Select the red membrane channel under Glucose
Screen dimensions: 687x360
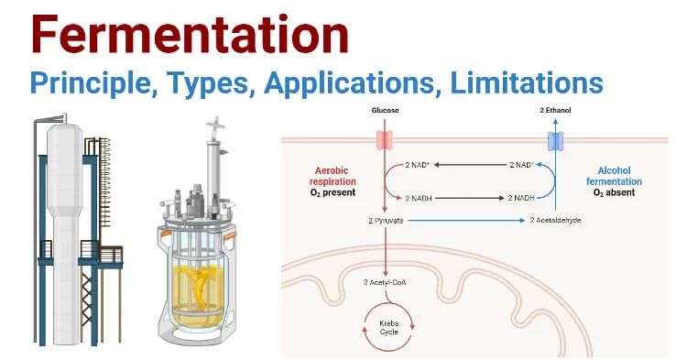click(x=386, y=140)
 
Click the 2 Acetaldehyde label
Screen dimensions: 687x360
click(x=555, y=222)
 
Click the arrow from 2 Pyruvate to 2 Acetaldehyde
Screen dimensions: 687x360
click(x=467, y=222)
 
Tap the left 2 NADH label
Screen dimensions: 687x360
click(x=420, y=197)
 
